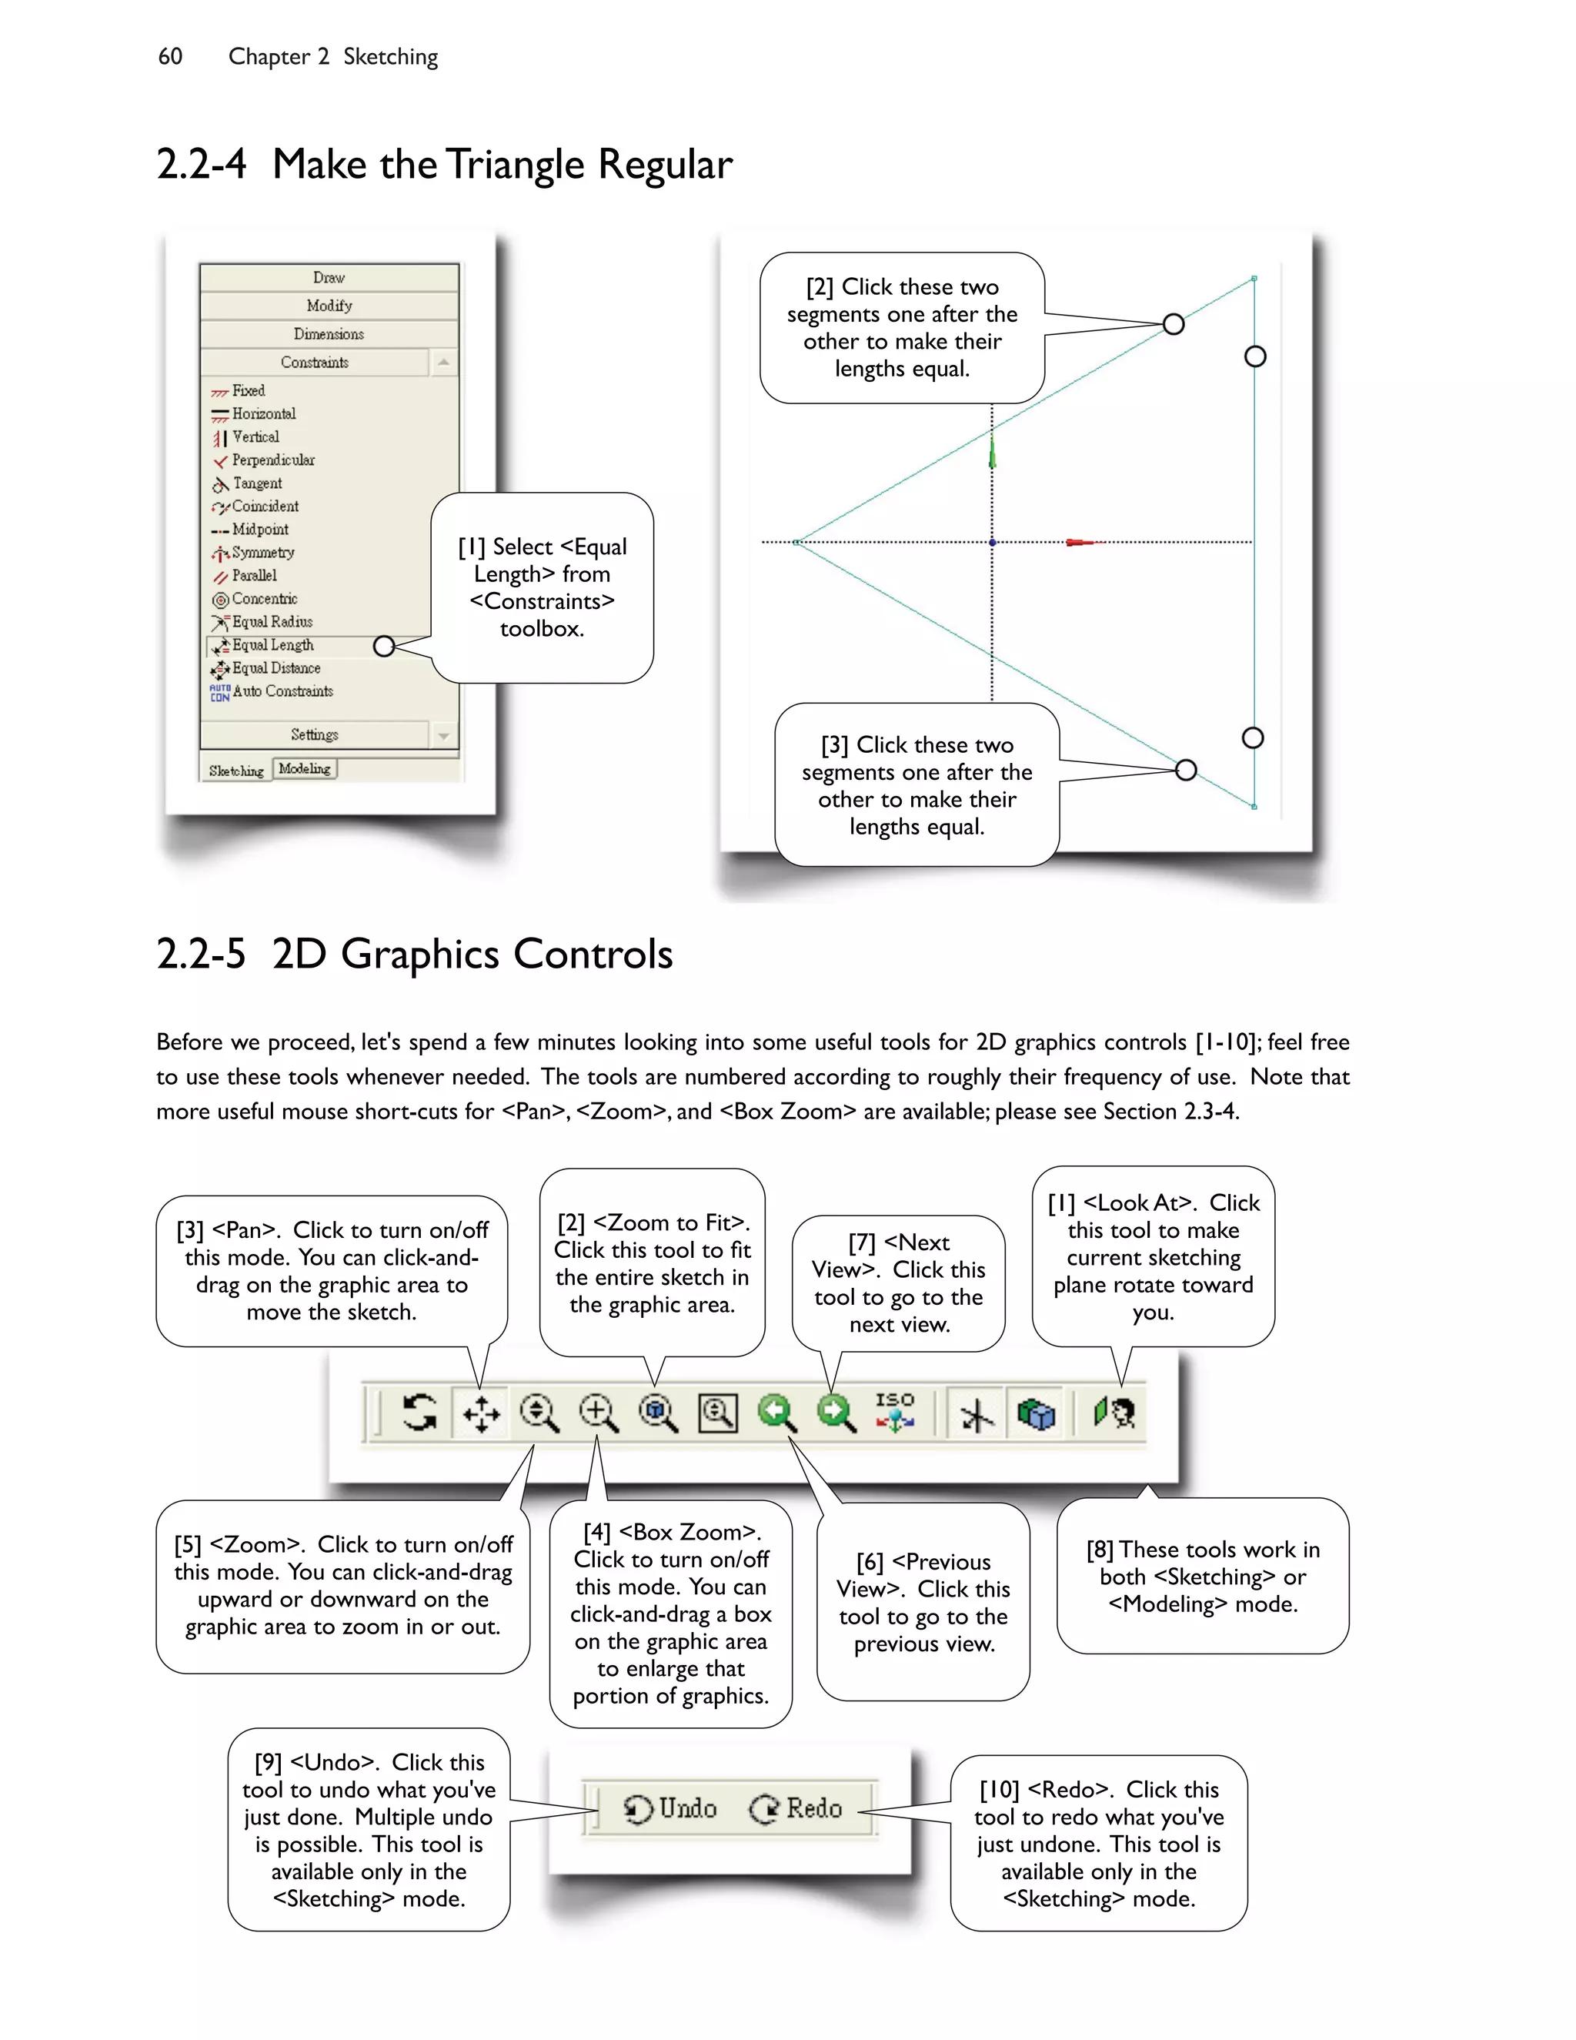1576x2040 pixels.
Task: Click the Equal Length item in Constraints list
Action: coord(272,645)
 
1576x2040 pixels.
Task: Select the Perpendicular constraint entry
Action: coord(272,460)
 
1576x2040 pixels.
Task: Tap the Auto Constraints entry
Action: coord(281,692)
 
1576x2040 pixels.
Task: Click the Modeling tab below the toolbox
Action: coord(305,769)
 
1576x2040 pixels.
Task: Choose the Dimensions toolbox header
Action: coord(329,334)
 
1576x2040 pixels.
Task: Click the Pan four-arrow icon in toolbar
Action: coord(482,1413)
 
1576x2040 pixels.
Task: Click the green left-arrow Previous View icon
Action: coord(776,1413)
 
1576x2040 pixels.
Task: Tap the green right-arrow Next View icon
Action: coord(836,1413)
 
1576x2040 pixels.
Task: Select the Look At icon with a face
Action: coord(1115,1413)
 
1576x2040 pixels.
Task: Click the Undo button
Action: coord(671,1809)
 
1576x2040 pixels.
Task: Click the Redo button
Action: coord(797,1809)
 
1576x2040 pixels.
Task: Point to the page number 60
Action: coord(170,57)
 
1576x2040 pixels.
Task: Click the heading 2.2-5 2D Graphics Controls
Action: coord(415,955)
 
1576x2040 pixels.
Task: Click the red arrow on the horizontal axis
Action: coord(1080,542)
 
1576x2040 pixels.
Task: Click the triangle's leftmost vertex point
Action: coord(796,542)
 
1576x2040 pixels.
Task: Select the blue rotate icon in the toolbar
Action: coord(419,1413)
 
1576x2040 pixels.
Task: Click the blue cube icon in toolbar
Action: coord(1037,1413)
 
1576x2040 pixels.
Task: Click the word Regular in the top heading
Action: coord(665,166)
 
